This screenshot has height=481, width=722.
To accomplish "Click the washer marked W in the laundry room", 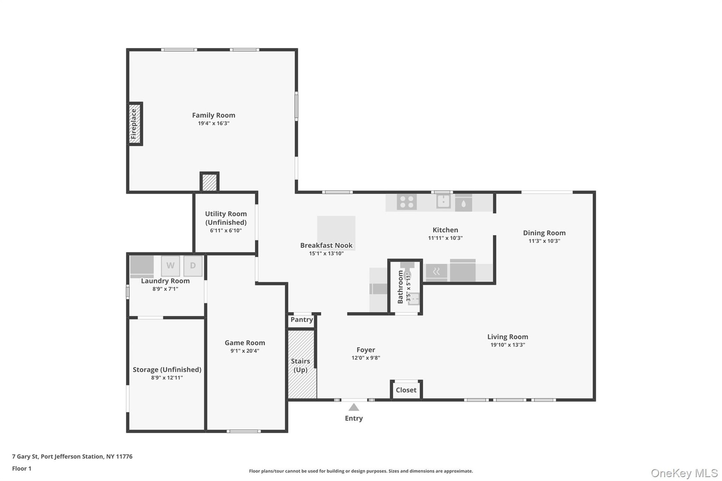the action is tap(170, 266).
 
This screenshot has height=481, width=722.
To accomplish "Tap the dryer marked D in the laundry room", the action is tap(193, 266).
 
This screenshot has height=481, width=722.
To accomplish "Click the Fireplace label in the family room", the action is tap(133, 124).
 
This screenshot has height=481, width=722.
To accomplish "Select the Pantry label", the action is tap(302, 320).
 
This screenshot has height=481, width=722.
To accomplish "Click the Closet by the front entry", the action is tap(406, 390).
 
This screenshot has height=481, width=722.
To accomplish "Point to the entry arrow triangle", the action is tap(353, 407).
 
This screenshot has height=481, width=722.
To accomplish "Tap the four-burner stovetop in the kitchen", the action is tap(407, 202).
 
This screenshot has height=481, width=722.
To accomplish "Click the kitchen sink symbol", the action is tap(443, 201).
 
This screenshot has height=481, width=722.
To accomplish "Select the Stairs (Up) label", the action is tap(300, 366).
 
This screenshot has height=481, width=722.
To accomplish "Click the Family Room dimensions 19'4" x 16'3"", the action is tap(214, 123).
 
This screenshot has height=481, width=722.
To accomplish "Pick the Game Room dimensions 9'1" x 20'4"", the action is tap(245, 351).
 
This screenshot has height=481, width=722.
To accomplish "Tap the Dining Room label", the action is tap(544, 233).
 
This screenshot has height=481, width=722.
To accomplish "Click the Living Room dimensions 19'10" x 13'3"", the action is tap(508, 345).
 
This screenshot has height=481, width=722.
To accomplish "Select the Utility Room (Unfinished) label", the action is tap(226, 218).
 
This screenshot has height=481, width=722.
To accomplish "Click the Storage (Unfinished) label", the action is tap(167, 370).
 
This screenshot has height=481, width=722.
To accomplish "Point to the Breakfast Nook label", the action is tap(326, 245).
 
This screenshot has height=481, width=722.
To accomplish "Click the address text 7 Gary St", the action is tap(25, 457).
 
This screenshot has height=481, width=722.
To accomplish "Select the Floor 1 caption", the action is tap(22, 469).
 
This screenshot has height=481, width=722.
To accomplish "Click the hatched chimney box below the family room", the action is tap(209, 182).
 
